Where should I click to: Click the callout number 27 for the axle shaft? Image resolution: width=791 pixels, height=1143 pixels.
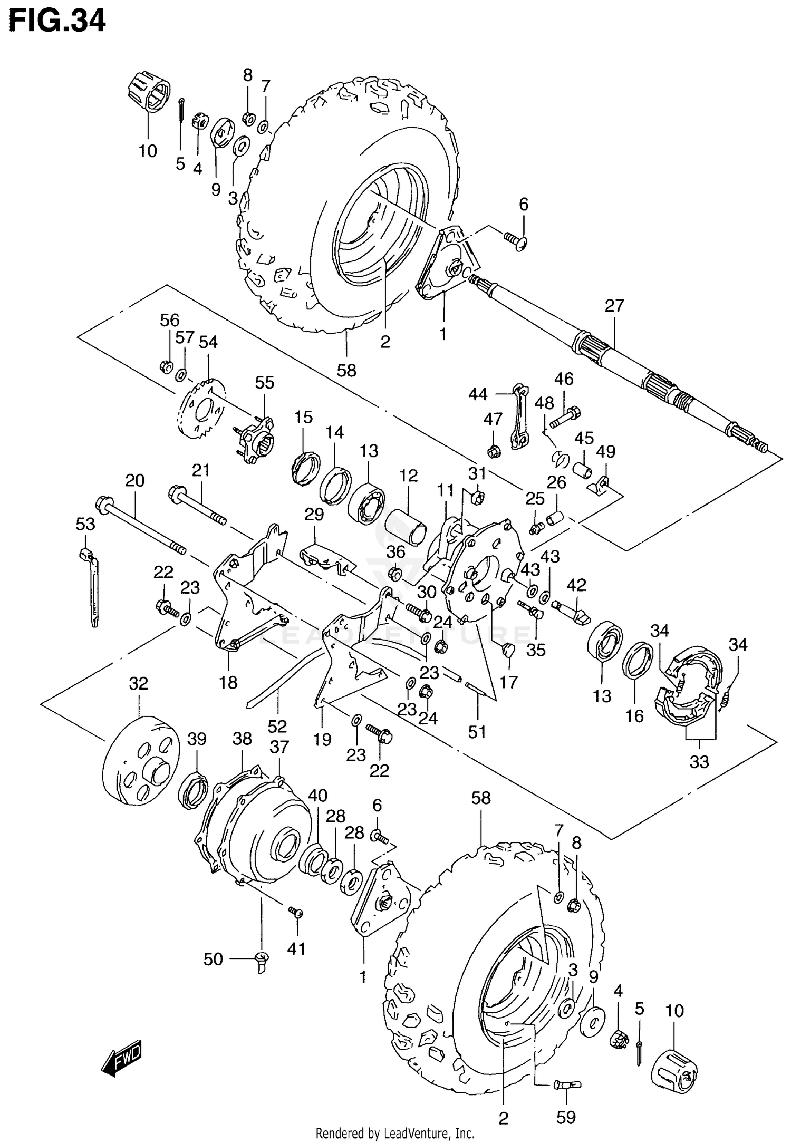click(x=614, y=305)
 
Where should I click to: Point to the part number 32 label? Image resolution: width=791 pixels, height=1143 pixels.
click(x=139, y=684)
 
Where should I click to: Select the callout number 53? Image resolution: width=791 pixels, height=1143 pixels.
click(x=85, y=525)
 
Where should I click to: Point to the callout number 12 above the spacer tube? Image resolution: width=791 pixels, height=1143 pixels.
click(x=408, y=476)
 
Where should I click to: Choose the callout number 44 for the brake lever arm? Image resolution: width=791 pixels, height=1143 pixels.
click(x=478, y=394)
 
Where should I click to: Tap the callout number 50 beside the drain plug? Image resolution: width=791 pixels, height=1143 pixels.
click(x=213, y=959)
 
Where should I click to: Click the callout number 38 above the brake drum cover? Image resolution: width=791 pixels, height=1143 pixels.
click(x=242, y=739)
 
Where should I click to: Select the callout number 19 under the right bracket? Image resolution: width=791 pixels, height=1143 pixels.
click(x=322, y=740)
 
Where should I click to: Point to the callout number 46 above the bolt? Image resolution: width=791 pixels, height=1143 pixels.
click(x=564, y=379)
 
